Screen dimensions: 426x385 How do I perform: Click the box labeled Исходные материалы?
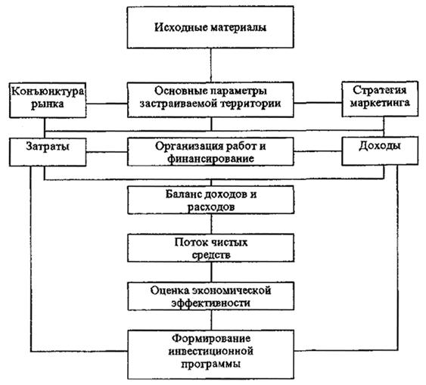(210, 27)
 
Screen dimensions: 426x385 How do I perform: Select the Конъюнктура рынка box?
(48, 100)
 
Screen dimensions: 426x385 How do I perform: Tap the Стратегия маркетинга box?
(380, 99)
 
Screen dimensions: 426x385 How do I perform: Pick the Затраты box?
(48, 152)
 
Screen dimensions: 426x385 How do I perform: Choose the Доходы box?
(380, 151)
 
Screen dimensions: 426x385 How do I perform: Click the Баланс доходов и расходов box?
(211, 200)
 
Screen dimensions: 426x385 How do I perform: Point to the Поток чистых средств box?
(211, 248)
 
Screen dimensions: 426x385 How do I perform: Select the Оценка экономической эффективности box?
(211, 296)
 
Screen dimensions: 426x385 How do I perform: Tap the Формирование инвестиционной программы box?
(211, 354)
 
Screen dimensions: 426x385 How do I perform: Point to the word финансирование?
(210, 159)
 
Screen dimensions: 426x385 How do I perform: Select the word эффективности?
(210, 303)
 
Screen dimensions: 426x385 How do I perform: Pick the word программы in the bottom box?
(210, 364)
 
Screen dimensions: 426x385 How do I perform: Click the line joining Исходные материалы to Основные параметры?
(211, 65)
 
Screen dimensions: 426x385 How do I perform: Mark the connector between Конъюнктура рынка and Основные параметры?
(107, 104)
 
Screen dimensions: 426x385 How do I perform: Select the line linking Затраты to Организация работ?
(107, 152)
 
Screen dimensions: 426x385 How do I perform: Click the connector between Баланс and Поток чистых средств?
(211, 224)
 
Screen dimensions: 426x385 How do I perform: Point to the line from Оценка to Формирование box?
(211, 320)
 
